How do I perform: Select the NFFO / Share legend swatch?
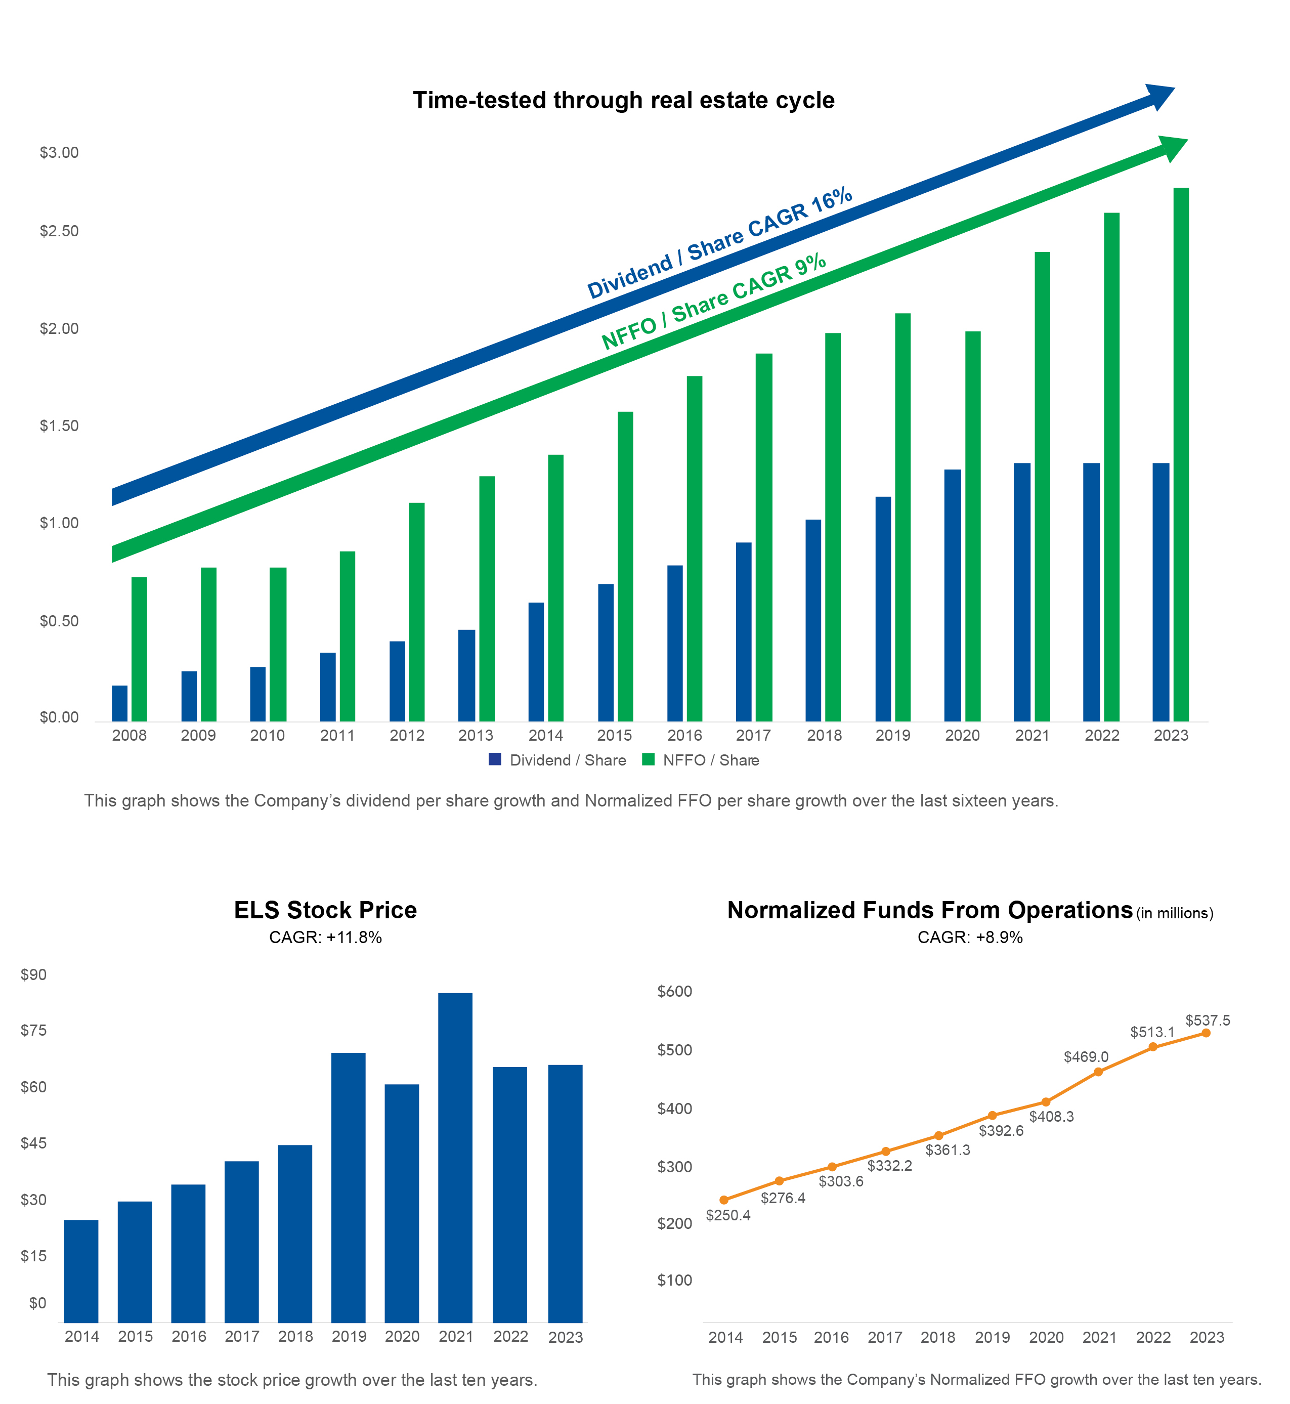point(649,759)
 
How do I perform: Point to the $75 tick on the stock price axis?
point(33,1031)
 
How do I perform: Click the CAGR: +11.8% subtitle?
point(325,938)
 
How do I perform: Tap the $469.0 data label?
point(1086,1057)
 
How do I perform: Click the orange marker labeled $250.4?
point(724,1200)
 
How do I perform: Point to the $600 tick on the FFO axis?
point(674,991)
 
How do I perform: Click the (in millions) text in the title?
point(1174,913)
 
